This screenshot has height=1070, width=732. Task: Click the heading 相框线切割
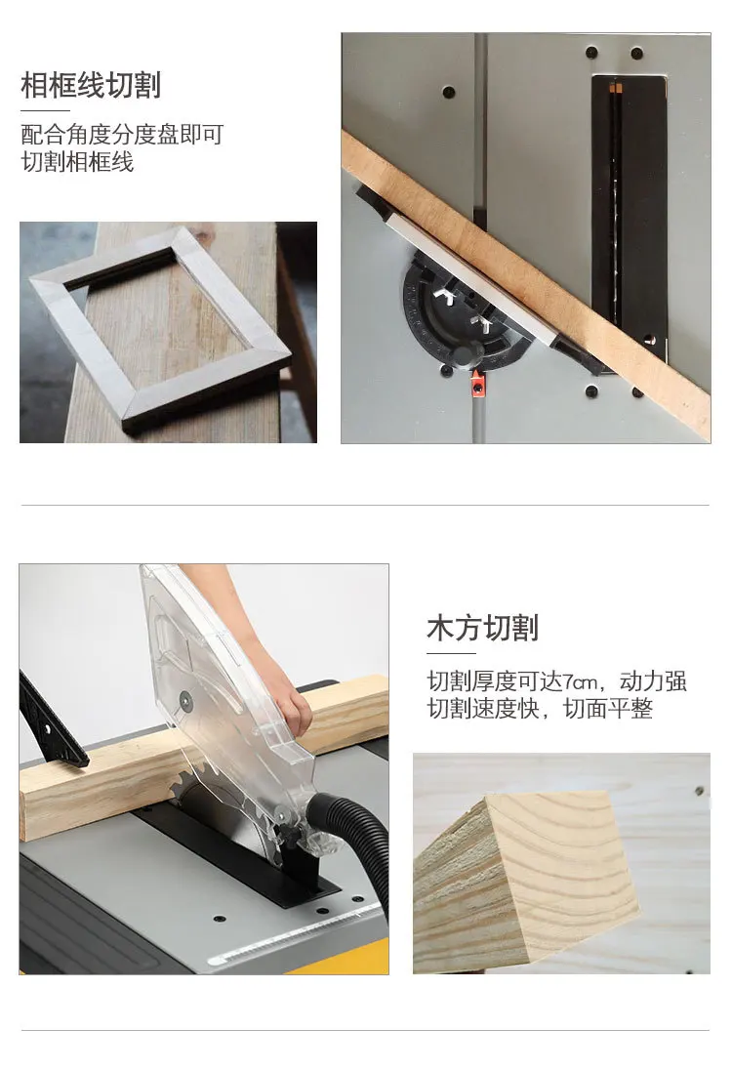[x=91, y=85]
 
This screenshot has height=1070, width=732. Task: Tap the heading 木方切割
[x=482, y=628]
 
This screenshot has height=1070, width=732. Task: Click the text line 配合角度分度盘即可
[x=122, y=134]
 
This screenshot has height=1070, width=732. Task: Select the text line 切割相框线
[x=77, y=161]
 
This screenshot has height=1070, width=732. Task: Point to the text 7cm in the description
[x=578, y=680]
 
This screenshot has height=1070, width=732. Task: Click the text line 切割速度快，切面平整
[x=540, y=709]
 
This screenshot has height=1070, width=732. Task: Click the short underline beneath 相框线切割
[x=45, y=111]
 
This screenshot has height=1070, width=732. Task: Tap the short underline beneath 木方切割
[x=451, y=653]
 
